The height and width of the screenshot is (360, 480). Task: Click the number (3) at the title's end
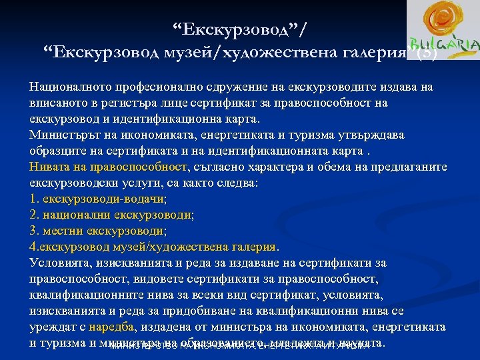coord(427,53)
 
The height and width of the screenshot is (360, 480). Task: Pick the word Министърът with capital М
coord(63,135)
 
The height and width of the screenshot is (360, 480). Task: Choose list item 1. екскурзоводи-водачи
coord(98,199)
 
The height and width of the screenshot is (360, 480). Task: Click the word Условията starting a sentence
coord(58,263)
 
